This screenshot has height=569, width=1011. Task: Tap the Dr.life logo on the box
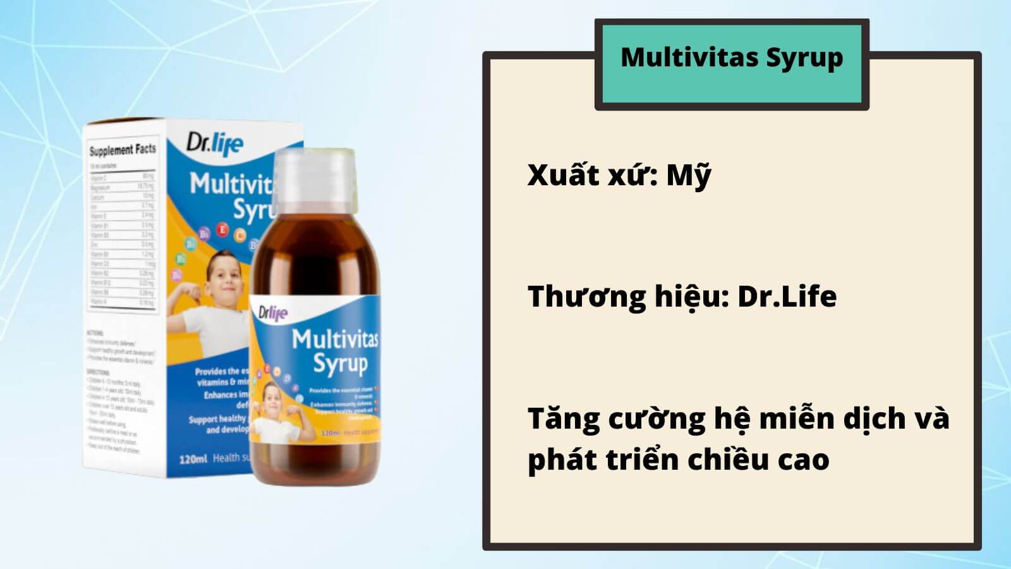(x=214, y=144)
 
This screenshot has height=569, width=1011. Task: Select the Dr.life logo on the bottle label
(x=273, y=312)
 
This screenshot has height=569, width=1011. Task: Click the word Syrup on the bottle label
(x=340, y=364)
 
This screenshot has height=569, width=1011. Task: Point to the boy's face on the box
(x=224, y=278)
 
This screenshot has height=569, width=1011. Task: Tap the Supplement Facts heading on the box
(x=122, y=150)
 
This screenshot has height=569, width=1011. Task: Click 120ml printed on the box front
(x=193, y=458)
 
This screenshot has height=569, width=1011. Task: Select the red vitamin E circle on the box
(x=222, y=229)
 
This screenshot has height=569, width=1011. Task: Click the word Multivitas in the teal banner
(x=689, y=57)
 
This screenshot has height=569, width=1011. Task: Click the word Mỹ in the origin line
(x=689, y=175)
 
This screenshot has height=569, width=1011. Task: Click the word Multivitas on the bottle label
(x=335, y=340)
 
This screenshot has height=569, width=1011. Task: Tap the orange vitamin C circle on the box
(x=239, y=236)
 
